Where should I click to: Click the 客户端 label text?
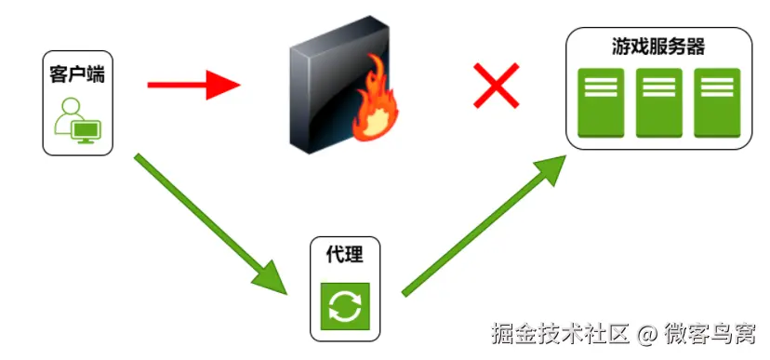[76, 73]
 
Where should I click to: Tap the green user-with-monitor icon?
[76, 119]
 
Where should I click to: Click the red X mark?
[496, 87]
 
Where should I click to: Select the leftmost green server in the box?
[601, 103]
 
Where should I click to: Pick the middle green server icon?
[658, 103]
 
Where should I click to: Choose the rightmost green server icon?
[717, 103]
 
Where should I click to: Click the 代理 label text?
[344, 255]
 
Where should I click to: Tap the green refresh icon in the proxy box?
[344, 306]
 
